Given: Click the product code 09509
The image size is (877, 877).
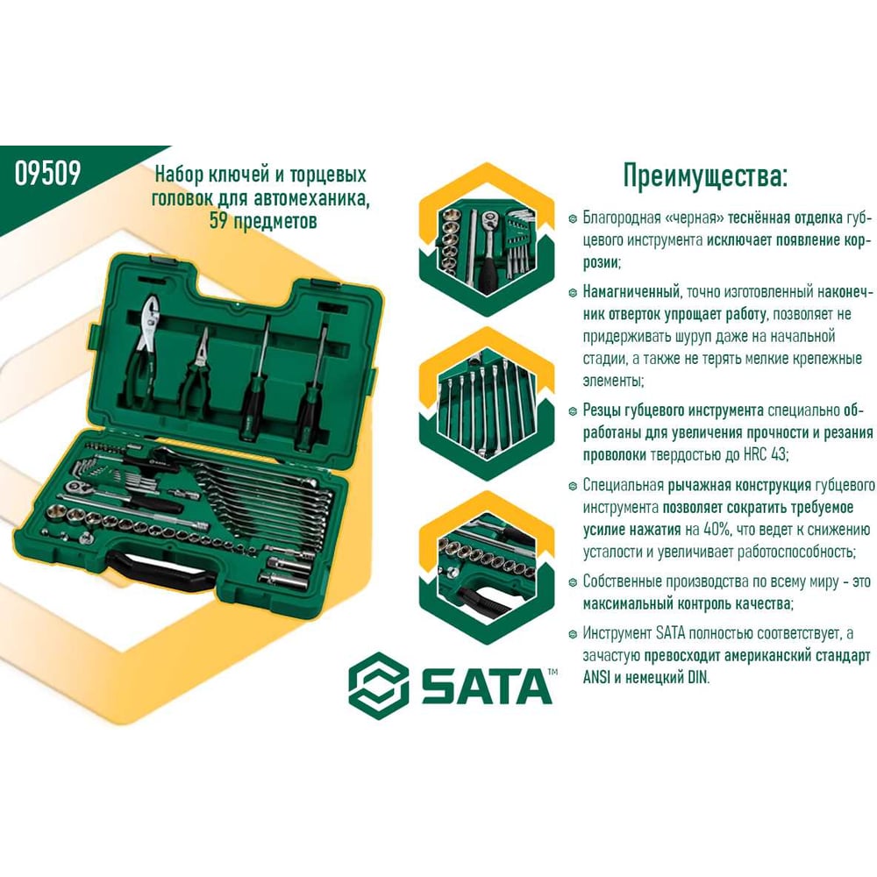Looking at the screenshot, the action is click(47, 173).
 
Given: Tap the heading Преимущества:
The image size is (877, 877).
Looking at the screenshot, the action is click(705, 176).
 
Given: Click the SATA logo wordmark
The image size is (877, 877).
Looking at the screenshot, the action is click(486, 686).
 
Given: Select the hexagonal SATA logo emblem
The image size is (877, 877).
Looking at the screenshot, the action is click(379, 685).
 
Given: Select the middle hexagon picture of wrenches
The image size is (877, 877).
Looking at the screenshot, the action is click(487, 404).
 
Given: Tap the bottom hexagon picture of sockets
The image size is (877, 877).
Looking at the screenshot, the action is click(487, 567).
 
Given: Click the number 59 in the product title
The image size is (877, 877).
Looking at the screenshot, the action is click(218, 221).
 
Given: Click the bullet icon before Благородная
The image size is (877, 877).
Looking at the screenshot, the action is click(572, 218).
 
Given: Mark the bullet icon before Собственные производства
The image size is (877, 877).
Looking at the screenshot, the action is click(572, 582).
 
